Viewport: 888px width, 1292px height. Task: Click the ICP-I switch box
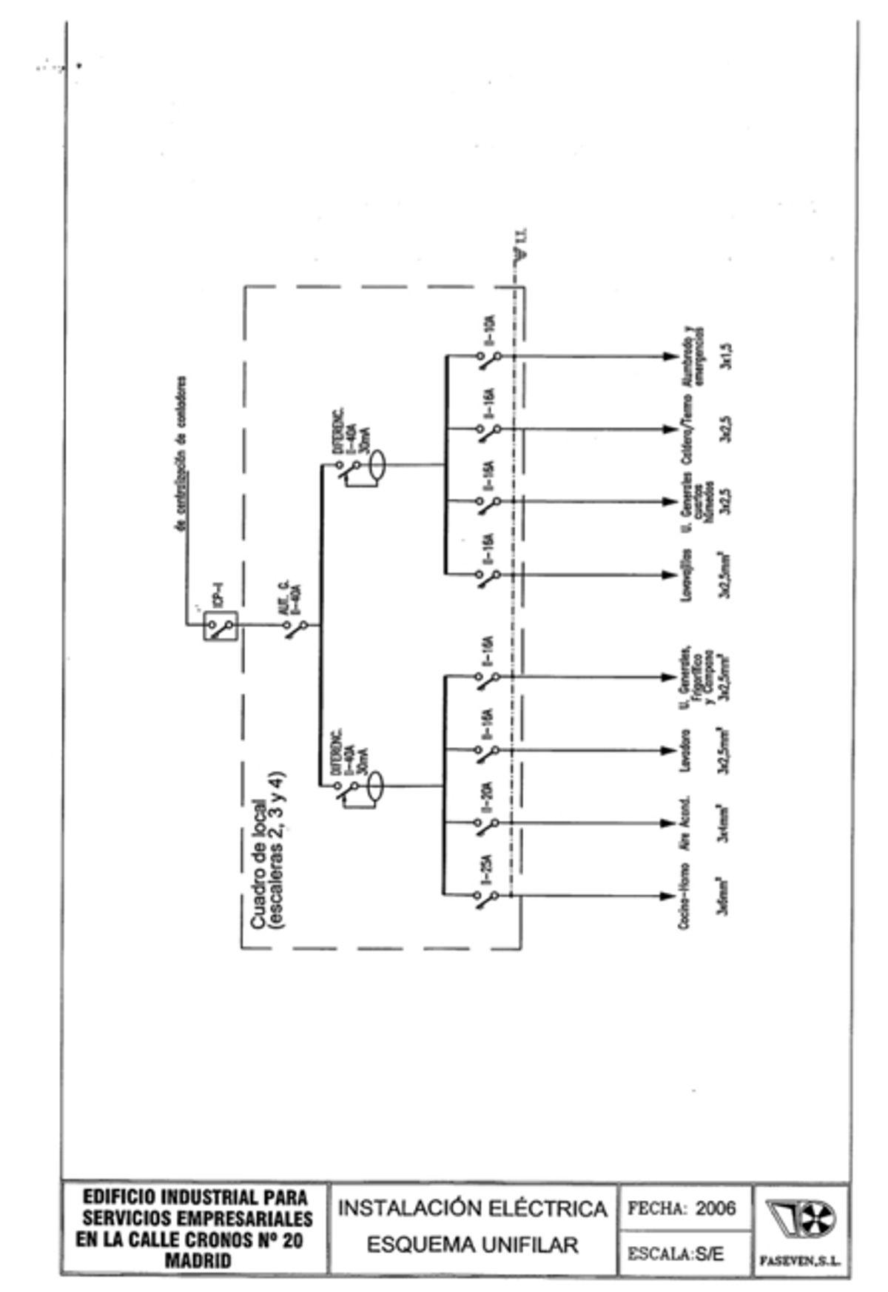(x=220, y=626)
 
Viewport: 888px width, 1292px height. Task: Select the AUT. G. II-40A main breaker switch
(x=295, y=628)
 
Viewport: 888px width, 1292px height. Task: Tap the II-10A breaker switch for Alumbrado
(x=488, y=360)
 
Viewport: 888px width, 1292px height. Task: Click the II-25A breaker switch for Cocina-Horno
(x=486, y=898)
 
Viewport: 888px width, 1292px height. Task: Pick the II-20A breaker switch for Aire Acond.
(x=486, y=825)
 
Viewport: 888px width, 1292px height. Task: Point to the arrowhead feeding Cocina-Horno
(x=668, y=896)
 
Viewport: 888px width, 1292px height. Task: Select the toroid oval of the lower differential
(x=376, y=786)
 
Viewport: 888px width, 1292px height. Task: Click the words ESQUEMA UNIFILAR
(x=472, y=1245)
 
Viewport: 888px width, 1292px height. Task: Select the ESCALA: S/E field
(x=676, y=1254)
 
